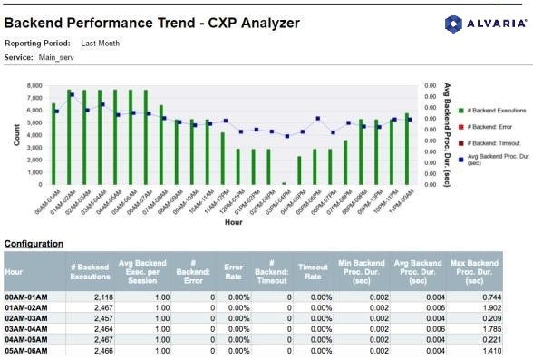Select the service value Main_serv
pyautogui.click(x=57, y=57)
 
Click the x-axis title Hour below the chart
pyautogui.click(x=233, y=220)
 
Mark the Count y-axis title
pyautogui.click(x=17, y=134)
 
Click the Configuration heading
pyautogui.click(x=34, y=243)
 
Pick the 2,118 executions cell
pyautogui.click(x=96, y=297)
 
